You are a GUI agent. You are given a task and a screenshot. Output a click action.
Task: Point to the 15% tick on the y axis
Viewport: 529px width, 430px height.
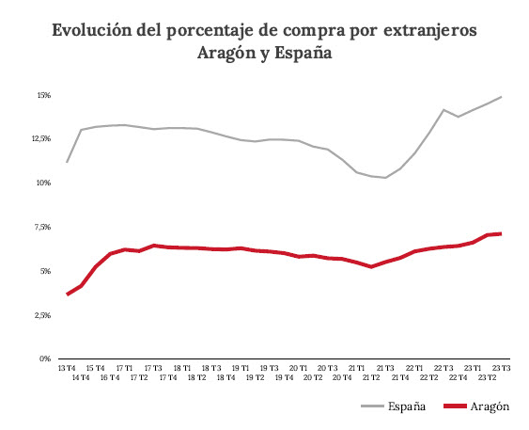[x=43, y=95]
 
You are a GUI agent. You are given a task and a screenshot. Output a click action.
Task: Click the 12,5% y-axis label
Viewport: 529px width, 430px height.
[x=40, y=138]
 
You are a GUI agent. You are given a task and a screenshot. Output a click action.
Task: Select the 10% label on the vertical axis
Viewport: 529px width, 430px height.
[x=43, y=183]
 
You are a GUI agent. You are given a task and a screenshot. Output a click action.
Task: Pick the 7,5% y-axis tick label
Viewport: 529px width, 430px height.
[x=41, y=227]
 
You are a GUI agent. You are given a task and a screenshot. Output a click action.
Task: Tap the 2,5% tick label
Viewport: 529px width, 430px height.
[x=41, y=315]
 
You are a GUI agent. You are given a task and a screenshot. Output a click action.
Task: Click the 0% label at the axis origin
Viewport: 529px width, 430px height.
[x=44, y=358]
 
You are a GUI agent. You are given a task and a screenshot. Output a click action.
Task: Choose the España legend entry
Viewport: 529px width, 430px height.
[x=408, y=406]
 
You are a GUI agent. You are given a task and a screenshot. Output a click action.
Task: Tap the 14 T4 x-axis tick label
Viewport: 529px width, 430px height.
[x=82, y=377]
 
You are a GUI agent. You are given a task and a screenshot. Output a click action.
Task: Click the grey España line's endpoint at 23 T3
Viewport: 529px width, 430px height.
[x=502, y=97]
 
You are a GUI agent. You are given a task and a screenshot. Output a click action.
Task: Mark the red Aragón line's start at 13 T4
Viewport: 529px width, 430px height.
[x=67, y=295]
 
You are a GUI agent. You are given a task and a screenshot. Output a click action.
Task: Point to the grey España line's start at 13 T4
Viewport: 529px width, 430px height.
[x=67, y=162]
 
